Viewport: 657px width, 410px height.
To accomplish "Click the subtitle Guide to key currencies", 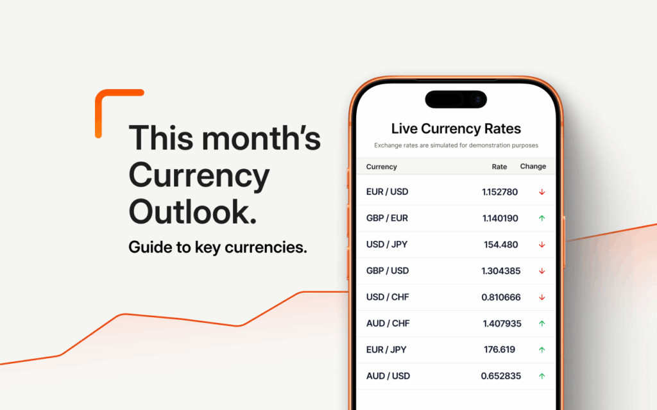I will [x=218, y=247].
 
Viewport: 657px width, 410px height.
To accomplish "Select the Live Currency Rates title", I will [x=456, y=129].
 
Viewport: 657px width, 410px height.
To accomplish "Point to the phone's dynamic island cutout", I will [x=456, y=99].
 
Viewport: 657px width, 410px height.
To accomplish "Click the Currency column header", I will [x=381, y=167].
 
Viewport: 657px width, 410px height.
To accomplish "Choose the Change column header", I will [x=533, y=167].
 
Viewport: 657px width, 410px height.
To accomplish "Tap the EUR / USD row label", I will [x=387, y=192].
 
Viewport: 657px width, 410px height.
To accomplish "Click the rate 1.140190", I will [x=500, y=218].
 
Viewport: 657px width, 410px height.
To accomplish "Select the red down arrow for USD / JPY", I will [x=542, y=245].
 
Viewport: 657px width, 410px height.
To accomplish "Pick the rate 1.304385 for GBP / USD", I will [x=500, y=271].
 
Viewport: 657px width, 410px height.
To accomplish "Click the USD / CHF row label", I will [x=387, y=297].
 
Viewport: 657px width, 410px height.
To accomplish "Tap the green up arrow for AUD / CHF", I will [x=542, y=324].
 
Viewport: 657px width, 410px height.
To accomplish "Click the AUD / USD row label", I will [x=388, y=376].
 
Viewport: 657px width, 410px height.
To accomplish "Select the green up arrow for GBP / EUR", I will [x=542, y=218].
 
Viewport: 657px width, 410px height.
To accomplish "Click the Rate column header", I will [x=499, y=167].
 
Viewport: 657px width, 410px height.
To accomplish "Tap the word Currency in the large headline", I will [x=199, y=174].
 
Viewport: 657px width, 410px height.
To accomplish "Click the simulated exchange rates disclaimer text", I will [x=456, y=145].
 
